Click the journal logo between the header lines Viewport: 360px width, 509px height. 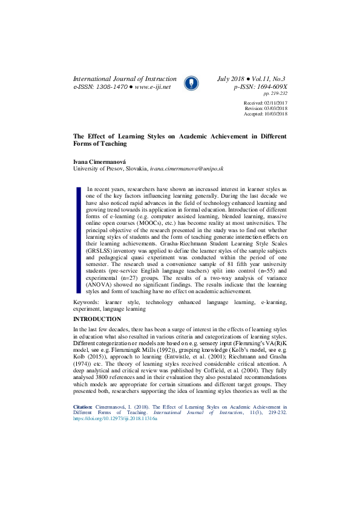[191, 82]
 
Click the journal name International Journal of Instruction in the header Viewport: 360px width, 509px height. [125, 79]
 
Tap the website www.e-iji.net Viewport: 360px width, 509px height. [153, 87]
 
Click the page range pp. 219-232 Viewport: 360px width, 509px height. [275, 94]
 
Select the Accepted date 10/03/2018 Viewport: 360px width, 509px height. [275, 114]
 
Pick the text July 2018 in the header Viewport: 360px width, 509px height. [232, 79]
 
